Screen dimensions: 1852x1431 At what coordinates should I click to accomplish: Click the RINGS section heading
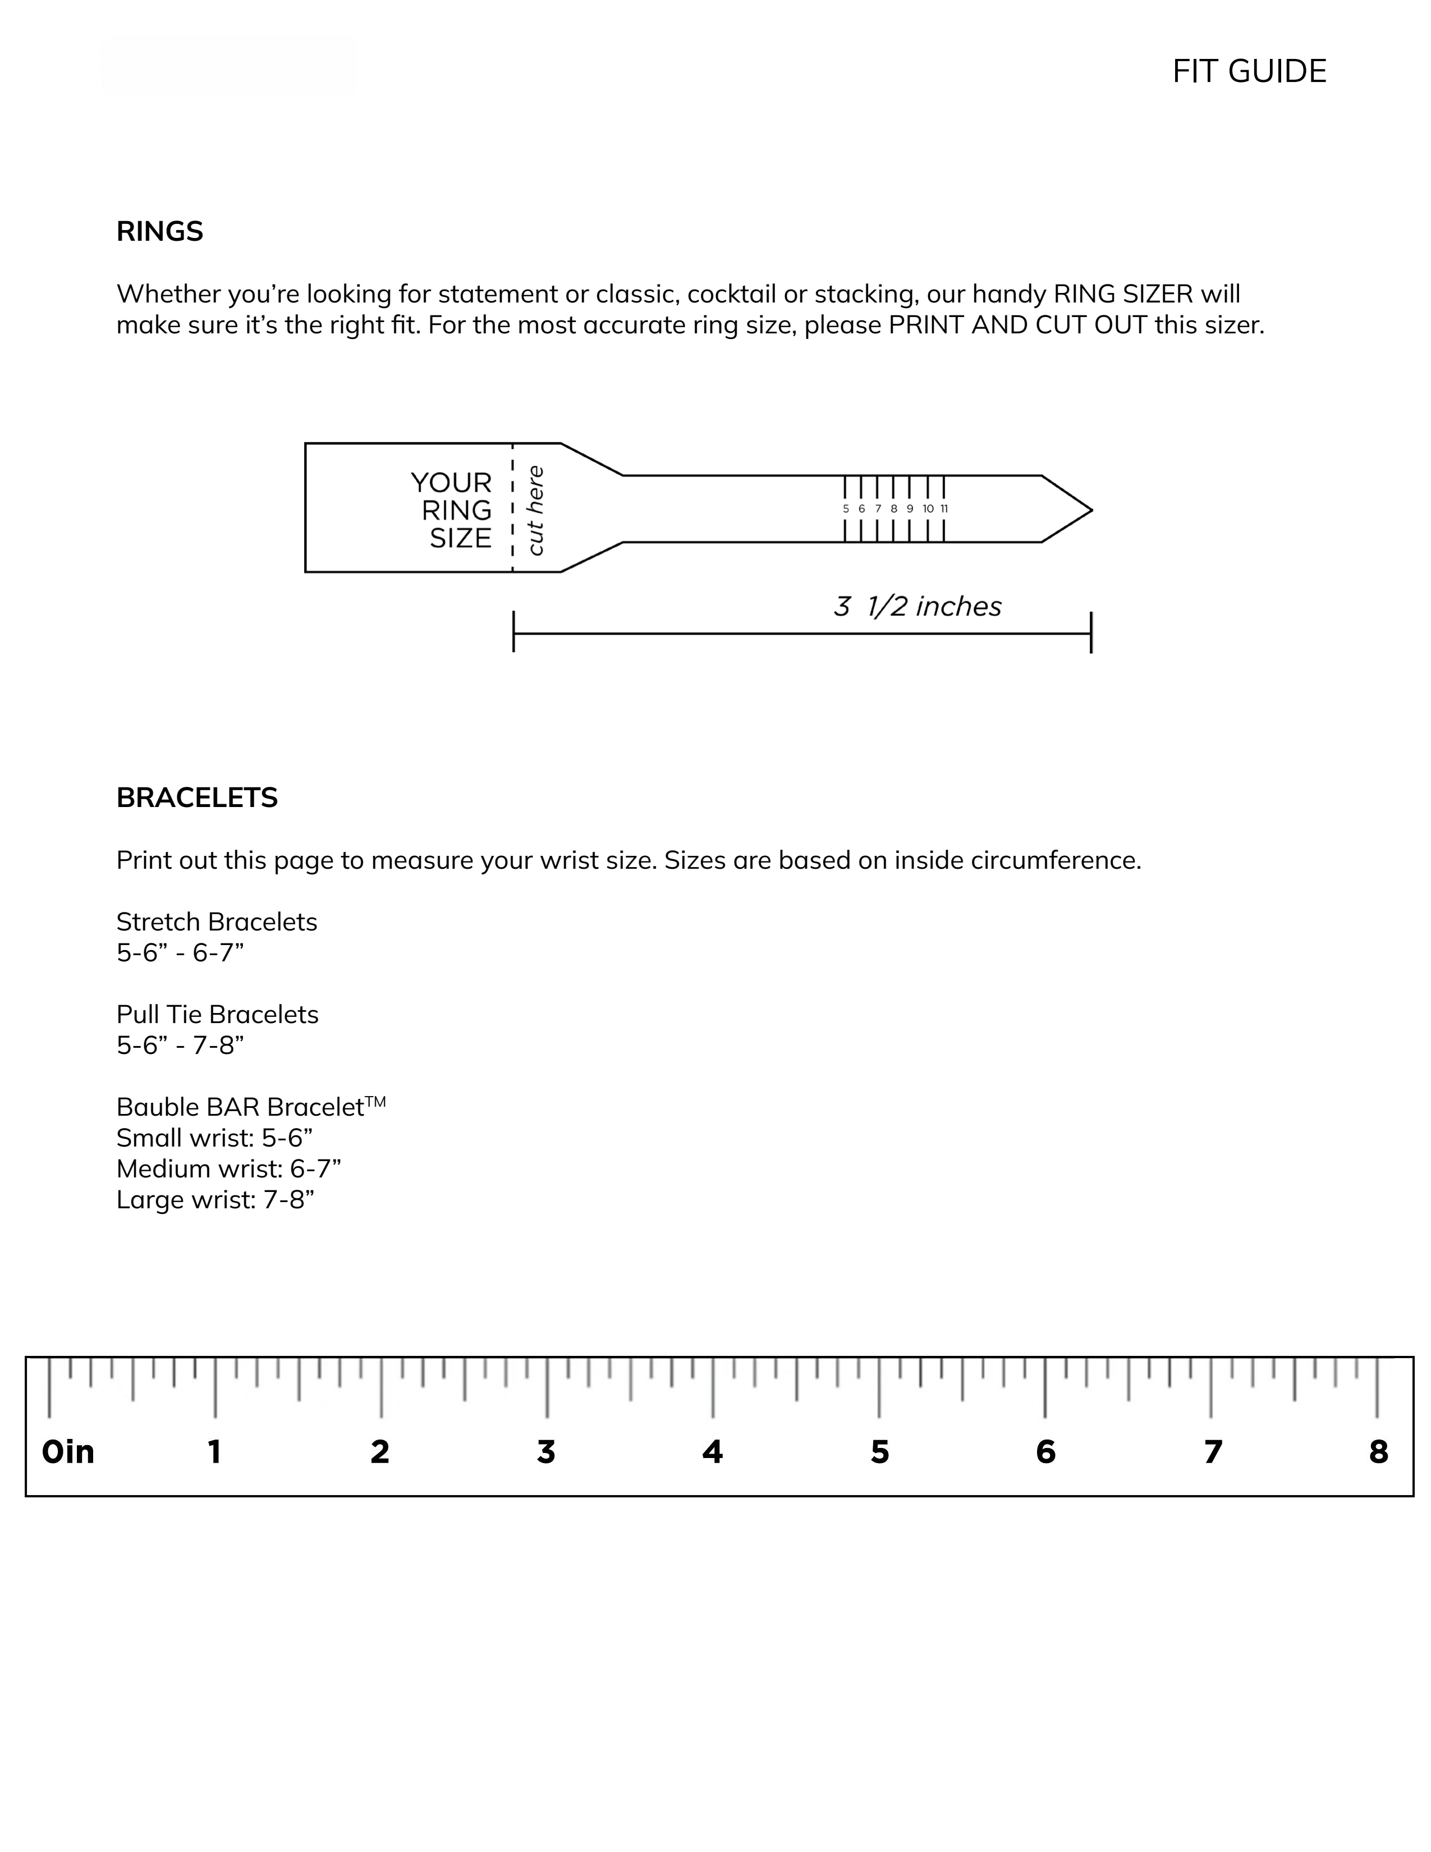[x=159, y=231]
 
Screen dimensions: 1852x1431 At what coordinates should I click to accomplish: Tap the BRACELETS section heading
[x=196, y=798]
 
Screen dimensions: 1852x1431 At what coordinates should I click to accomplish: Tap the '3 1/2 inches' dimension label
[x=918, y=606]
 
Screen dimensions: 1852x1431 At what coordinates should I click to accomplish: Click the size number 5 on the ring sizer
[x=845, y=509]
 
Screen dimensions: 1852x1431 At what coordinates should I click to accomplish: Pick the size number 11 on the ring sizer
[x=944, y=509]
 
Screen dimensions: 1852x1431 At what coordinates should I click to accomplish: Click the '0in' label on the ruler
[x=68, y=1452]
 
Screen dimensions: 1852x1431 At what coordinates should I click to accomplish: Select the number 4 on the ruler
[x=712, y=1452]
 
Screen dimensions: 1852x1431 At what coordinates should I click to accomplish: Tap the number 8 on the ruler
[x=1378, y=1452]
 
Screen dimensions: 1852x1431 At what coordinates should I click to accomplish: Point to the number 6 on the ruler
[x=1045, y=1452]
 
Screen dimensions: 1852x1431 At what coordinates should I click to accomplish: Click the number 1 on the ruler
[x=214, y=1452]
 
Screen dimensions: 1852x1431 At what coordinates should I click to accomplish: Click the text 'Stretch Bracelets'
[x=216, y=922]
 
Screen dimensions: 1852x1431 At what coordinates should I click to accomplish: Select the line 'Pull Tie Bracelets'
[x=217, y=1014]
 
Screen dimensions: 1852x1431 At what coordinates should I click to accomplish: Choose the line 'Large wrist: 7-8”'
[x=215, y=1200]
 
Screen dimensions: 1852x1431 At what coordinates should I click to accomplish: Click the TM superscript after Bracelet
[x=375, y=1102]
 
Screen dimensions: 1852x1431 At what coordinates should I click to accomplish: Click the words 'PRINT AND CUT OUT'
[x=1017, y=325]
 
